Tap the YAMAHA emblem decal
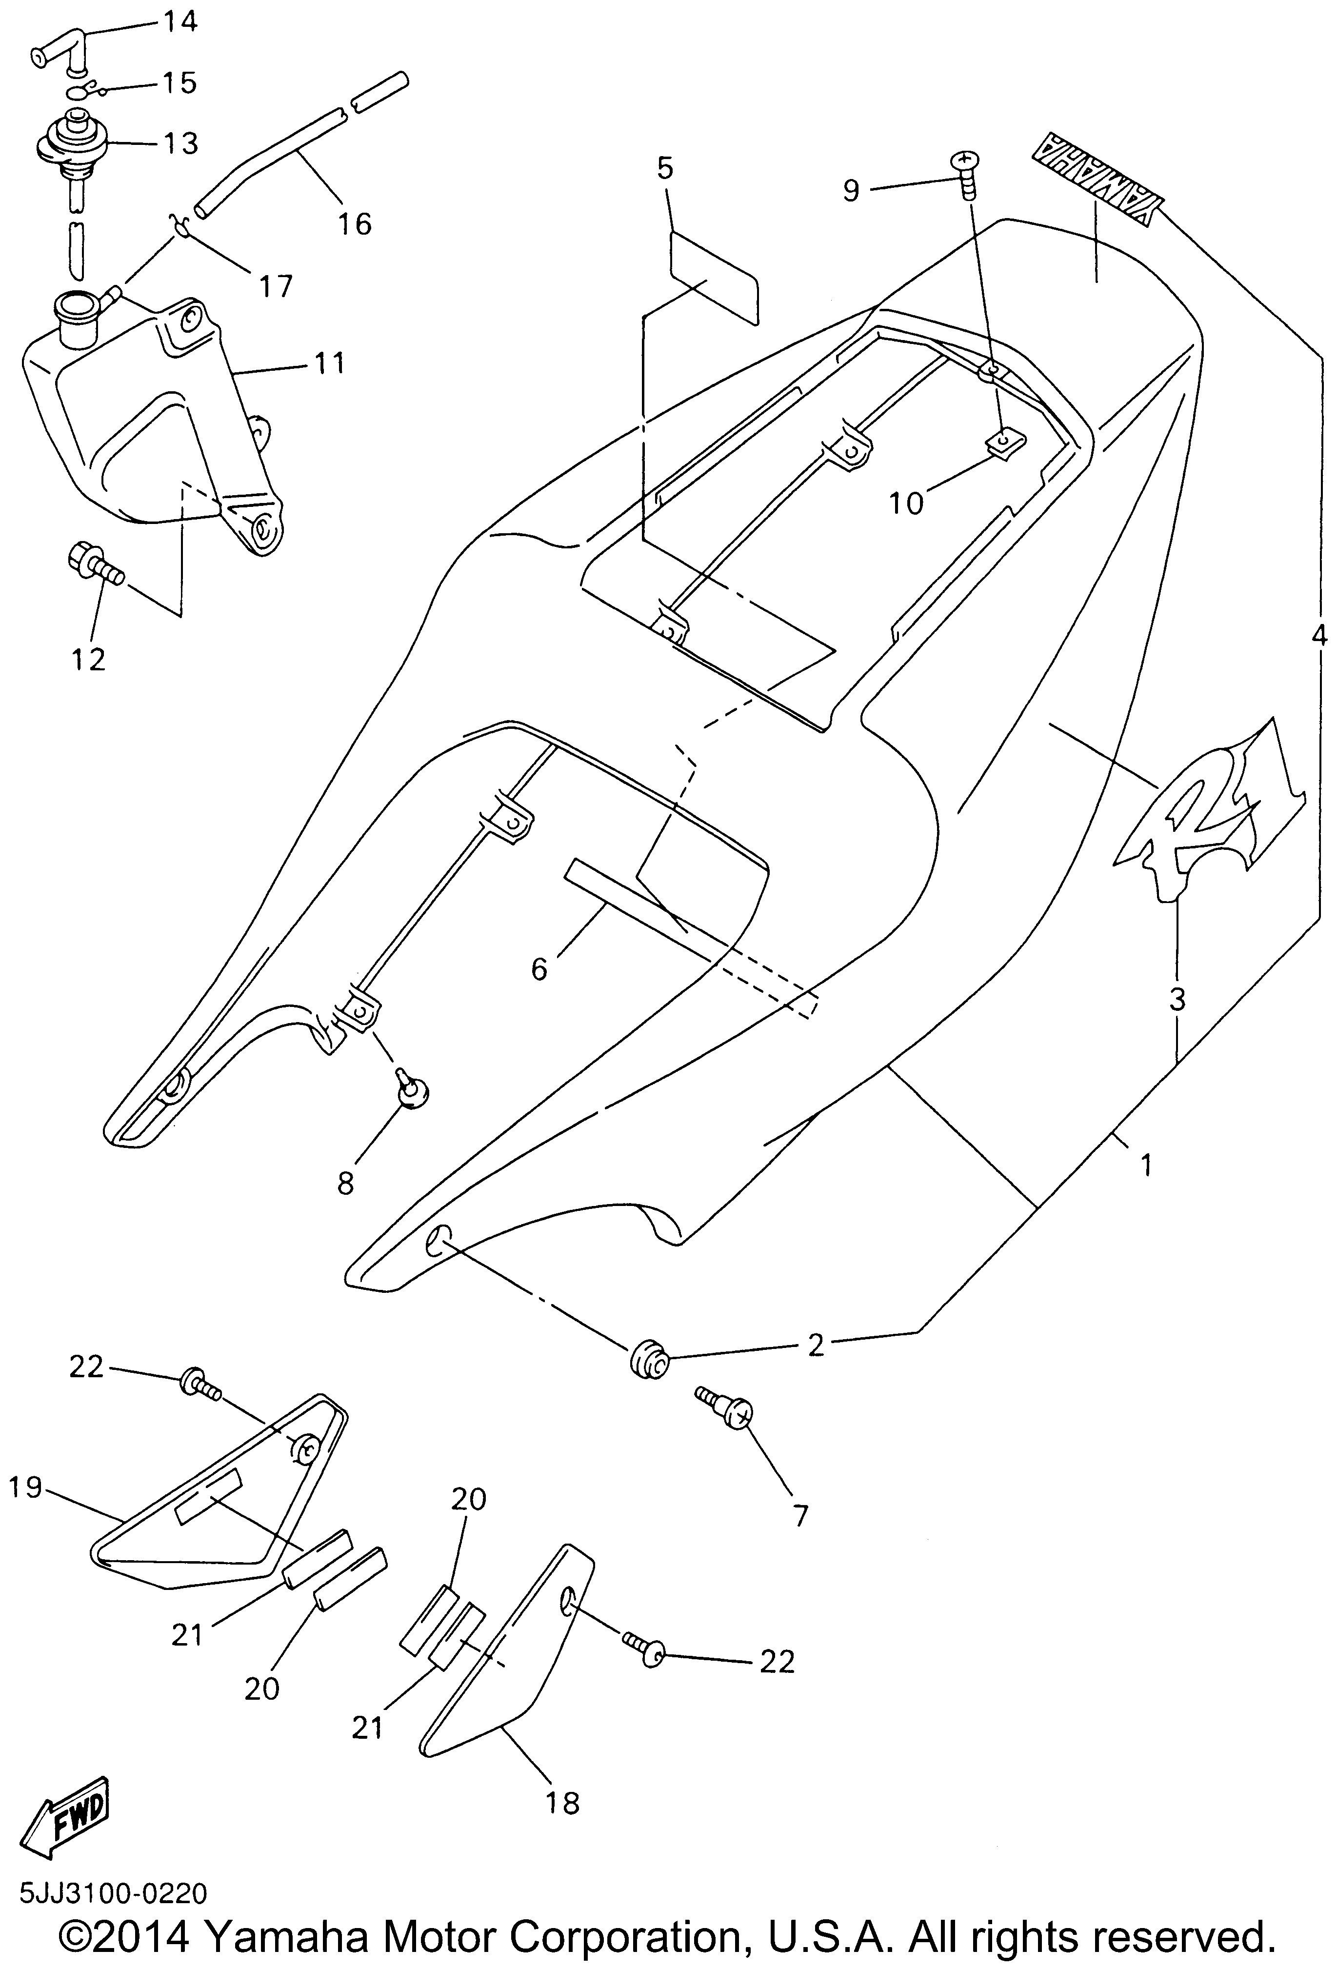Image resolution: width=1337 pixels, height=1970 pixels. click(1096, 180)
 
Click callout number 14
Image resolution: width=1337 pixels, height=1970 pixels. click(179, 20)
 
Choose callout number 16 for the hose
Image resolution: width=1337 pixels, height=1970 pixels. click(355, 224)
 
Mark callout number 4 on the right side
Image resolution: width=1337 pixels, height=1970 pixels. click(1318, 634)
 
